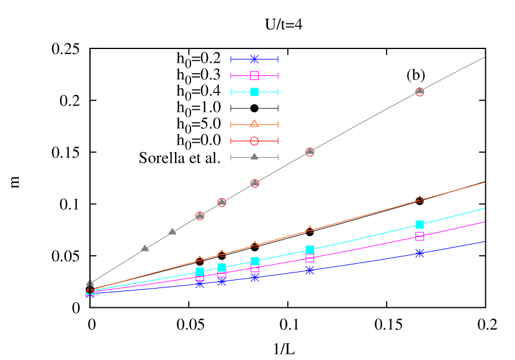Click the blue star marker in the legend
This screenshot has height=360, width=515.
[254, 59]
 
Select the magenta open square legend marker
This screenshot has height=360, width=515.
[254, 75]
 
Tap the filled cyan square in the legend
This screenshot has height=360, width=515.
[254, 92]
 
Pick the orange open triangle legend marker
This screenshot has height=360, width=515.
[254, 124]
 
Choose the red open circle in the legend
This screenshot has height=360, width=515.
[254, 141]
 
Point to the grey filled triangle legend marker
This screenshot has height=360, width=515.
[254, 156]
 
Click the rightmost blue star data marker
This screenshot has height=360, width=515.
[419, 253]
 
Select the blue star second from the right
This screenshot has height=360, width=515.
[310, 270]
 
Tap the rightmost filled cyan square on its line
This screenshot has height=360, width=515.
[419, 225]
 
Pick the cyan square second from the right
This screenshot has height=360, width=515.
[310, 250]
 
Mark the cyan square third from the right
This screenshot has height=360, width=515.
[254, 261]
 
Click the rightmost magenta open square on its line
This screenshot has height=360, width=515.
[419, 236]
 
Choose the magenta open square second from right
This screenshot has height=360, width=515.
[310, 258]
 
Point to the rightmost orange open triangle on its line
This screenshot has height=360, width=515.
[419, 199]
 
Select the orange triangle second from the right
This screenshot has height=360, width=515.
[310, 230]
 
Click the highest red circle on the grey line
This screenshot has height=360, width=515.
[419, 92]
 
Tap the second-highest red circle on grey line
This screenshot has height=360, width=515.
[310, 151]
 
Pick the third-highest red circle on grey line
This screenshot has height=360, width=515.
[254, 183]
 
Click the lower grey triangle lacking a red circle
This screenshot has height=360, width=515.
[145, 248]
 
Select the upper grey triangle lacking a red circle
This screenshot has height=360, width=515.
[172, 232]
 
